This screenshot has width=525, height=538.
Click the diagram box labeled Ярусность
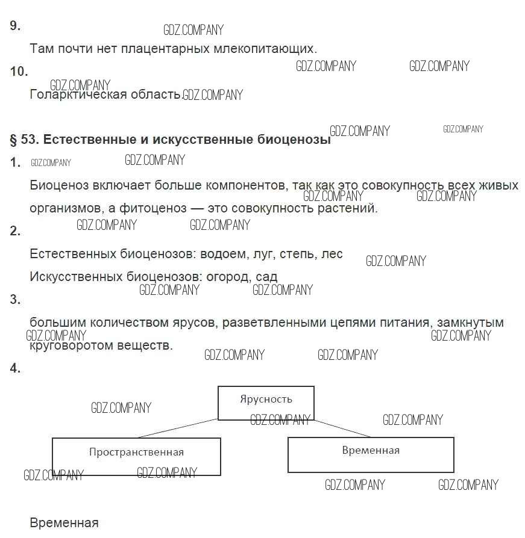265,403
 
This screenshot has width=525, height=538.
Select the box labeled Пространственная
136,456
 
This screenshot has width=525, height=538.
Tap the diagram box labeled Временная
370,454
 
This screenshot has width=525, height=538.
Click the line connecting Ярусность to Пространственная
177,428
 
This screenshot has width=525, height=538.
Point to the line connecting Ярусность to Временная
342,428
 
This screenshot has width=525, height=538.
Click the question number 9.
15,26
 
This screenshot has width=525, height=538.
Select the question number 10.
19,72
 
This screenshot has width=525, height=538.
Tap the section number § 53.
24,140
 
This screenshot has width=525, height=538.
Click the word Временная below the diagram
64,522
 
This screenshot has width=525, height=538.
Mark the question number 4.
15,368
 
